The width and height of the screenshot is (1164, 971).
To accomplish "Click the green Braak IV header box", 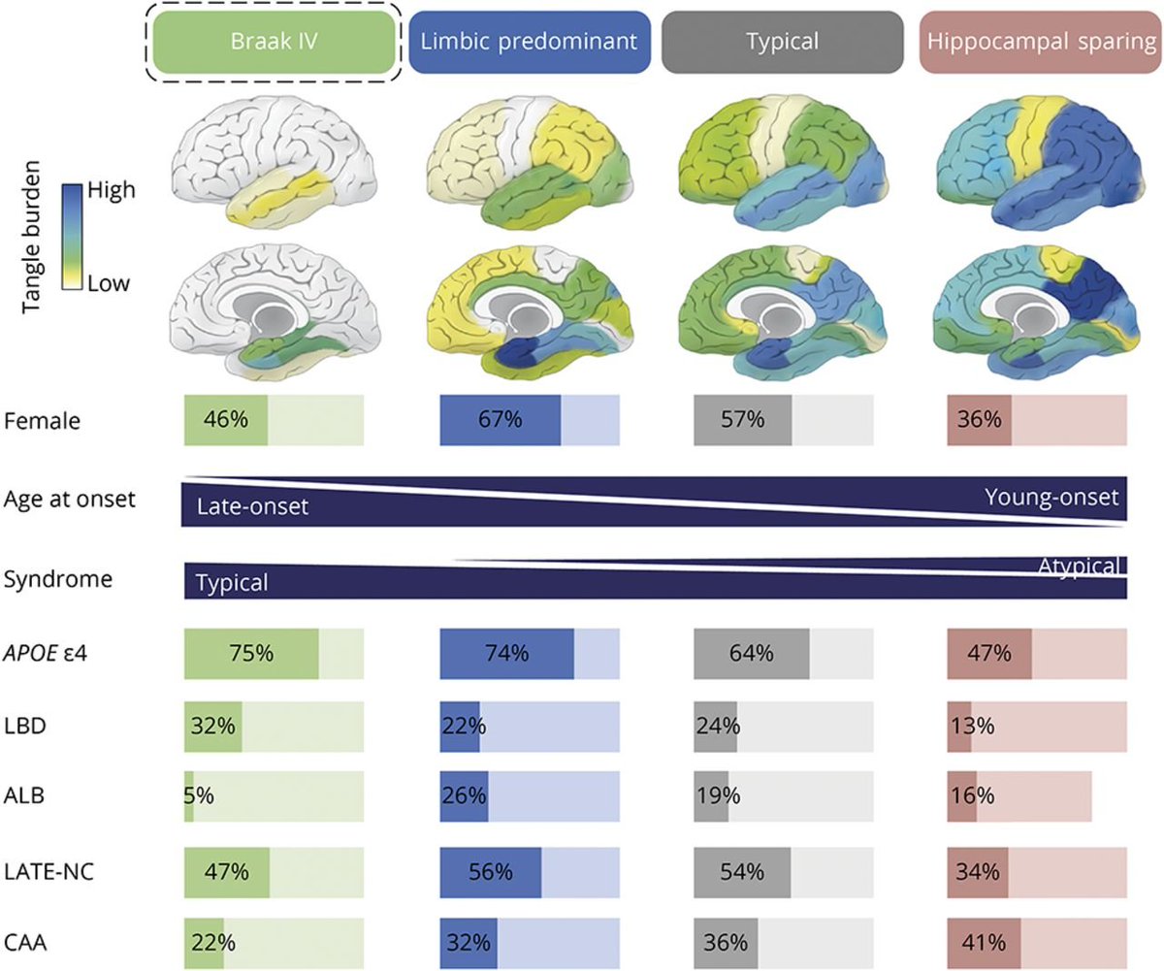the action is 274,43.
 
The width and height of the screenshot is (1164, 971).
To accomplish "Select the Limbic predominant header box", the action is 529,43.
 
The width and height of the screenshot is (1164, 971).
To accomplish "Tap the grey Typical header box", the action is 782,43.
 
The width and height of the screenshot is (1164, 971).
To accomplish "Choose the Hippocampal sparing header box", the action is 1041,43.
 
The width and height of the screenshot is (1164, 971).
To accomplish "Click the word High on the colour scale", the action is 111,190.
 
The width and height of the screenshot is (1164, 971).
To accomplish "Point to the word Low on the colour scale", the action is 108,283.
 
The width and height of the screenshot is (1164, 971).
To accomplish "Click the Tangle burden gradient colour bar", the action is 72,237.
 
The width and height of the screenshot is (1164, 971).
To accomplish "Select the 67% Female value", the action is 501,420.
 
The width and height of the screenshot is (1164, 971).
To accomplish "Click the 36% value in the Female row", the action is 980,420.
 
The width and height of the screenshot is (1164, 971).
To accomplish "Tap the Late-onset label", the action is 252,506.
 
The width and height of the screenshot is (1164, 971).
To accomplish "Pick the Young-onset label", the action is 1051,497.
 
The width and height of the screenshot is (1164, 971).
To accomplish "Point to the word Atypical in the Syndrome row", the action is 1078,566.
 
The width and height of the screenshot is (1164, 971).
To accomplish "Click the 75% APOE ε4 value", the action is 251,653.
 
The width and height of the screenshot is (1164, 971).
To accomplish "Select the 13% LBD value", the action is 972,726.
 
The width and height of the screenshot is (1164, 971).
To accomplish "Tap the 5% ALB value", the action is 199,795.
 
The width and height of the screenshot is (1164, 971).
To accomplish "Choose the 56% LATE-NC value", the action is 491,872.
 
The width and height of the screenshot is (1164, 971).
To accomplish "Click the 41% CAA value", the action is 984,943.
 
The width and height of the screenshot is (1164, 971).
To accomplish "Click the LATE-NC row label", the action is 49,872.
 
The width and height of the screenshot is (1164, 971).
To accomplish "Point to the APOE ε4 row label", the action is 46,653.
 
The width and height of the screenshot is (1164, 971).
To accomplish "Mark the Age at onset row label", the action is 69,500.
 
